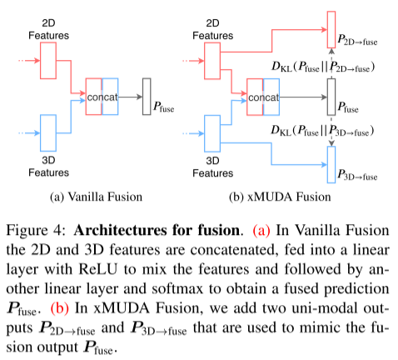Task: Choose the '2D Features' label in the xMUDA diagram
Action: tap(215, 29)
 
